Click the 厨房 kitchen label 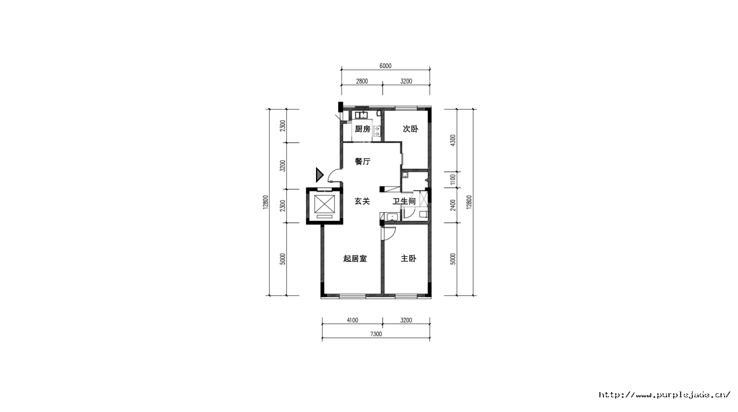362,129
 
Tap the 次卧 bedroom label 410,129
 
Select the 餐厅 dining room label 362,161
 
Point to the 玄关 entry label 362,201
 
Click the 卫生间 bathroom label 404,201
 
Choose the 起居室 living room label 355,258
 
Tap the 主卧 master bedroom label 409,258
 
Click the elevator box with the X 324,204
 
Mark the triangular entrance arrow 320,175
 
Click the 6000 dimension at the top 385,66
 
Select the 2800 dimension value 362,81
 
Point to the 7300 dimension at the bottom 376,334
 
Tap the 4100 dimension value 352,320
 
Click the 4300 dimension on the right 453,141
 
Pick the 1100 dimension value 453,179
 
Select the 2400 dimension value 453,205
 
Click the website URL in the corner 664,394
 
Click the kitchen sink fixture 362,115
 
